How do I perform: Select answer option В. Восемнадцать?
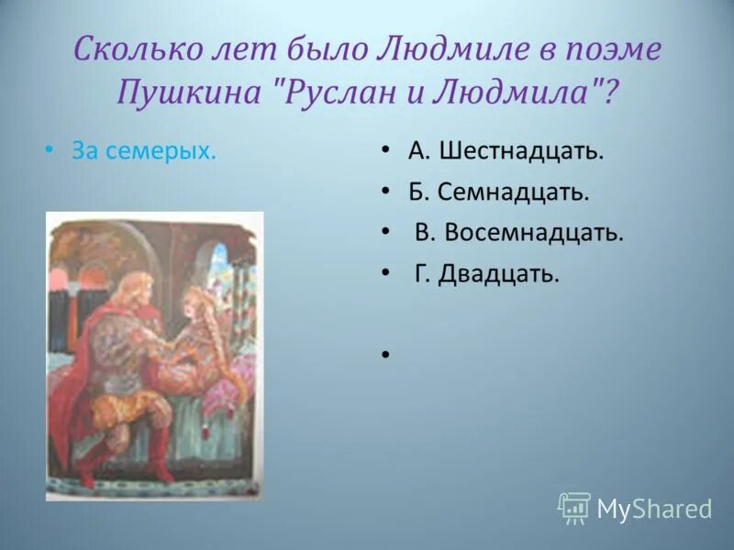518,233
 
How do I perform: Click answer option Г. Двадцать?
486,273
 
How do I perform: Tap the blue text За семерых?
144,151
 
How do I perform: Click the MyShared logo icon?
574,508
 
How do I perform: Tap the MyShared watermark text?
654,510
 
